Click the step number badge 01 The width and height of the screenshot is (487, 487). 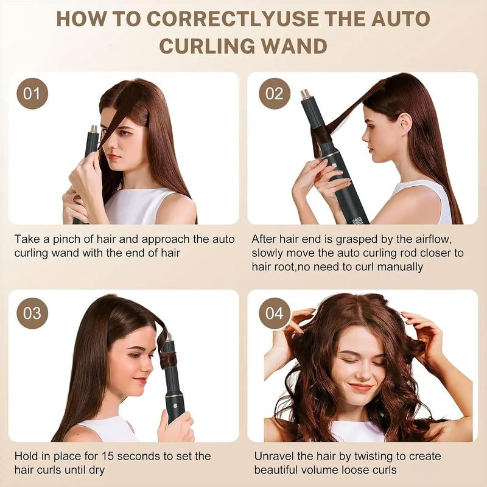(32, 94)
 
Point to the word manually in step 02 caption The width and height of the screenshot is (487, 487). (400, 267)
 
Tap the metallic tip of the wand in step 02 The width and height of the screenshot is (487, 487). (304, 94)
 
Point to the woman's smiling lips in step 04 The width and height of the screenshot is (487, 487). (361, 387)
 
